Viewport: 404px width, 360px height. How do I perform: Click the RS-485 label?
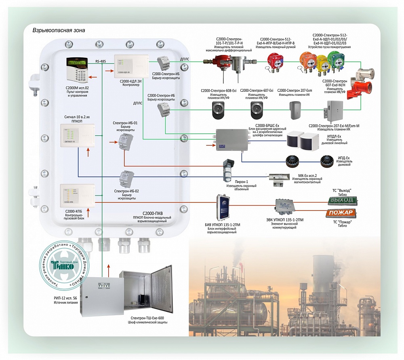[101, 61]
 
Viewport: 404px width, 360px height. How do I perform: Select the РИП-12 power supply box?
[101, 295]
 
